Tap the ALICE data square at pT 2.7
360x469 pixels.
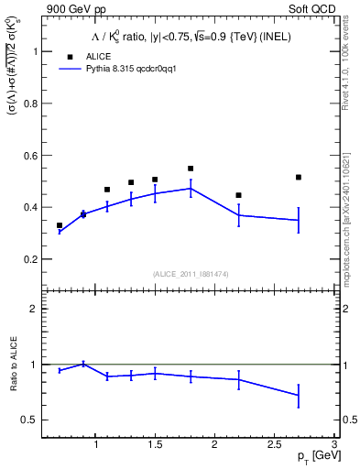[x=299, y=177]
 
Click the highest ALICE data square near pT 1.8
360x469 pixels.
[x=191, y=169]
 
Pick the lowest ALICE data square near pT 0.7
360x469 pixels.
[x=60, y=225]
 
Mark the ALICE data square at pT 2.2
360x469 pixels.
[x=238, y=195]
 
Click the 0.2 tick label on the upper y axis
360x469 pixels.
[x=33, y=259]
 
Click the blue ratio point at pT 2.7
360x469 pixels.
[x=299, y=395]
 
